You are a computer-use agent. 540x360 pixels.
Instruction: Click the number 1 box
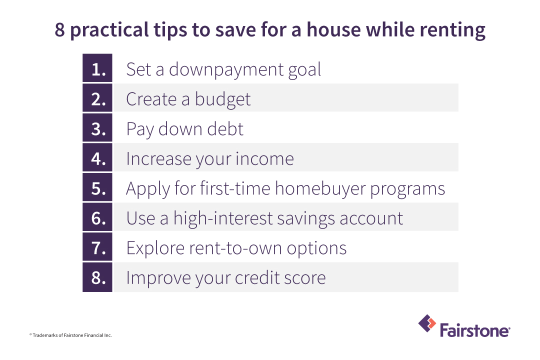point(97,68)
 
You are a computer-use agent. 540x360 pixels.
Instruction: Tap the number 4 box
point(97,158)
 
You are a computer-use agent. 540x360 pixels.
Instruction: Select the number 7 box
point(97,247)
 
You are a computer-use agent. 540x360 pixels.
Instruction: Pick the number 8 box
point(97,277)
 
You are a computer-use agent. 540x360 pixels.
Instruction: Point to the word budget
point(222,99)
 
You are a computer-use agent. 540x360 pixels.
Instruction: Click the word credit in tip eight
point(247,277)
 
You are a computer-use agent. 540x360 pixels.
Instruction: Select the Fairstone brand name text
point(474,330)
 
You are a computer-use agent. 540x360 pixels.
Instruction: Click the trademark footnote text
point(70,335)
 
